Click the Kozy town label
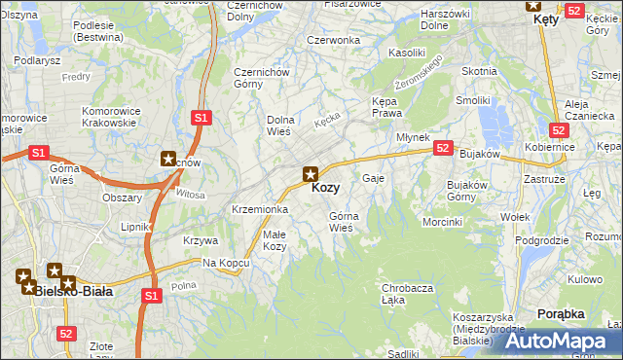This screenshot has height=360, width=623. click(x=325, y=188)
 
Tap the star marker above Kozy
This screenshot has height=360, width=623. click(x=311, y=174)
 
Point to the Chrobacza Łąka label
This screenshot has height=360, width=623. click(x=407, y=293)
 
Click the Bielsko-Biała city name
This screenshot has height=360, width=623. click(x=73, y=290)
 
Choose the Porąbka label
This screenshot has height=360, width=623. click(x=561, y=313)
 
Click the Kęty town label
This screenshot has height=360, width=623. click(x=546, y=19)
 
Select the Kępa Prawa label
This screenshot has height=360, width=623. click(x=386, y=107)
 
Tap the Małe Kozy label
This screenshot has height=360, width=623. click(x=275, y=239)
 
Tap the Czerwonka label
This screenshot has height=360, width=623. click(x=334, y=40)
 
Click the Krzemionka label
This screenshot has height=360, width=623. click(x=260, y=209)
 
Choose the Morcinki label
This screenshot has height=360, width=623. click(x=442, y=222)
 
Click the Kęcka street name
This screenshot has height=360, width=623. click(x=328, y=122)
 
